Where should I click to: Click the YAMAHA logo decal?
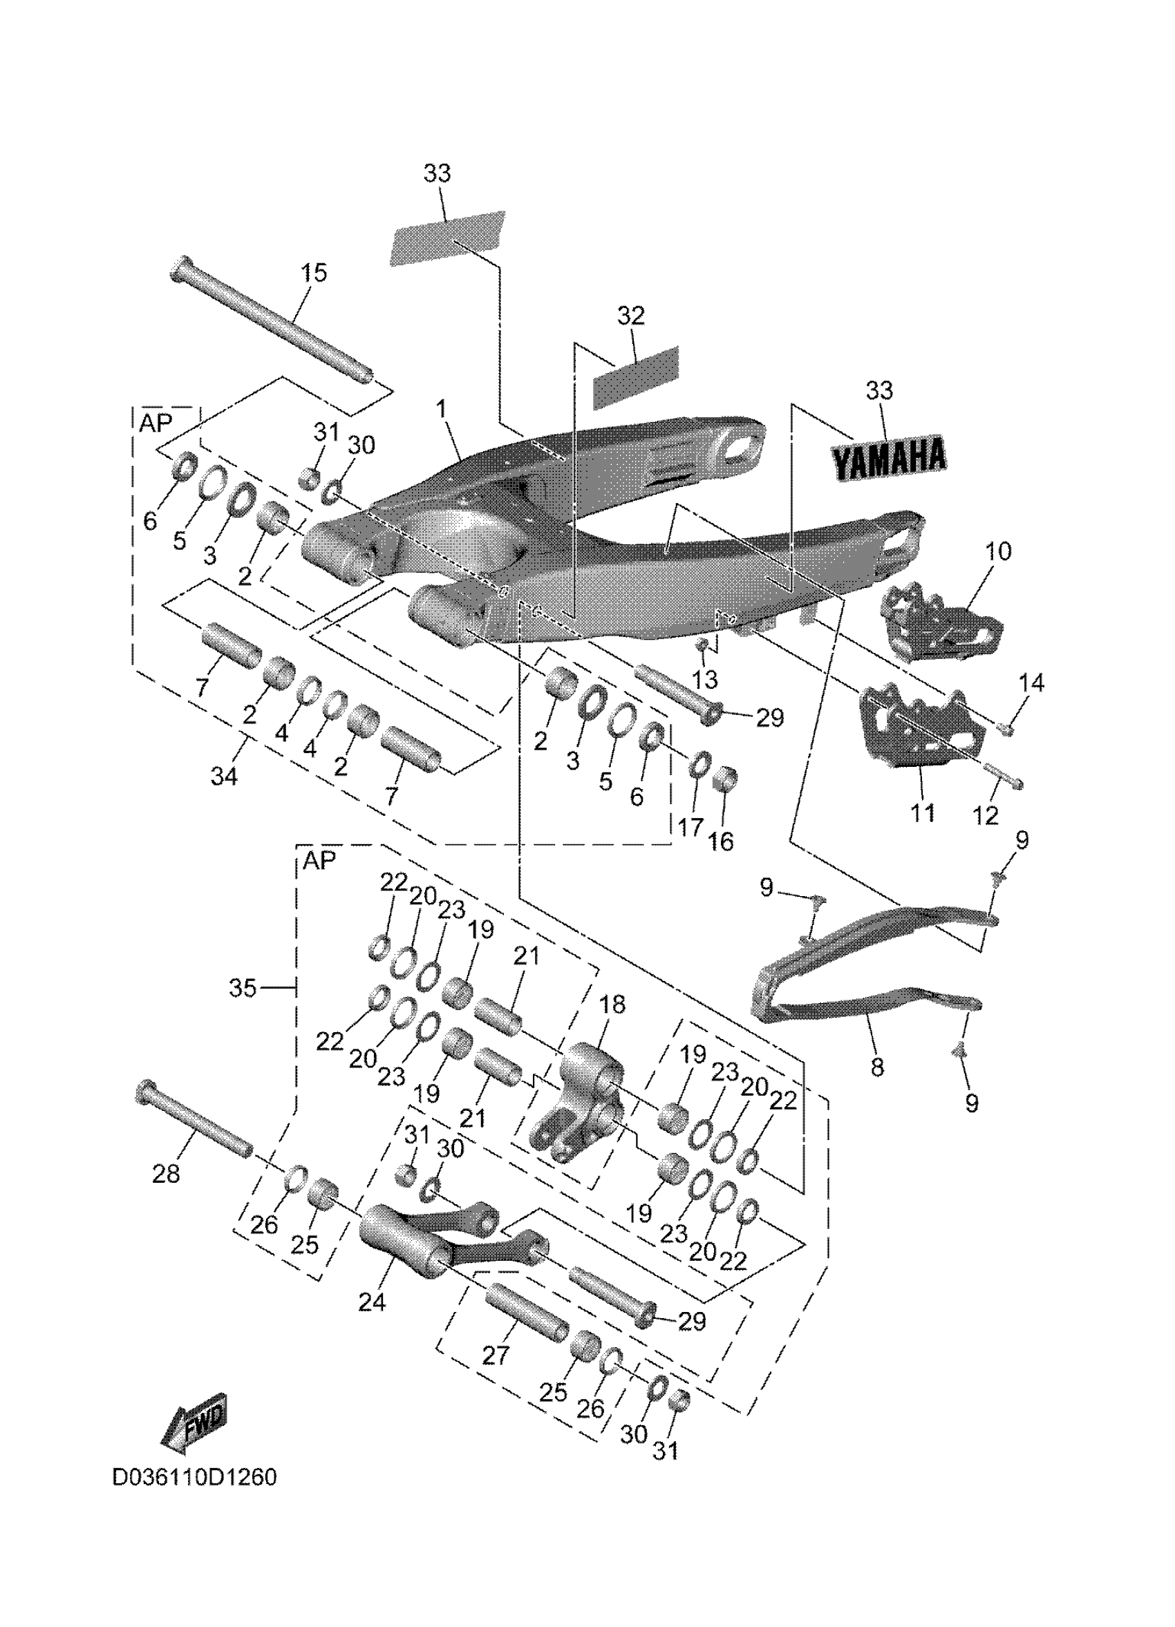[x=889, y=457]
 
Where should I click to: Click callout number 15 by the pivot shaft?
[x=314, y=273]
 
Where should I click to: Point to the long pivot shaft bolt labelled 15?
[x=273, y=323]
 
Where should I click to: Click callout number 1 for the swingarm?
[x=441, y=410]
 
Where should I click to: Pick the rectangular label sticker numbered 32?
[x=634, y=378]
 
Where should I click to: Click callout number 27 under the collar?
[x=496, y=1355]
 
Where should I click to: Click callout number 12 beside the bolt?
[x=986, y=815]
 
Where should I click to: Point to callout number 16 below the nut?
[x=722, y=841]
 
